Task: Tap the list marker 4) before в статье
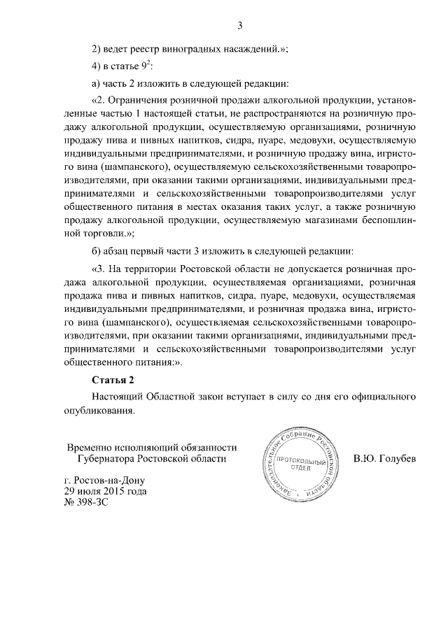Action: click(x=98, y=66)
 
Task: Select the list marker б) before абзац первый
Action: click(x=98, y=250)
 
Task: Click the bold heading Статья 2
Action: click(x=113, y=380)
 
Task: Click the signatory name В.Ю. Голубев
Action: click(x=385, y=459)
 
